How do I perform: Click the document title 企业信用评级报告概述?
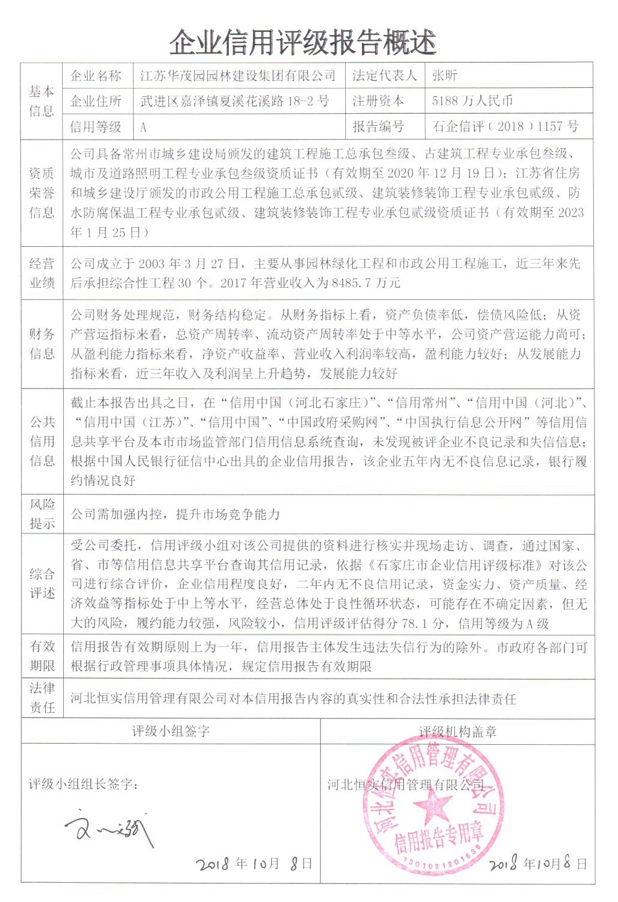[302, 43]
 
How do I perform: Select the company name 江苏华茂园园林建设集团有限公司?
[237, 76]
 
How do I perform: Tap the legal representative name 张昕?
[445, 75]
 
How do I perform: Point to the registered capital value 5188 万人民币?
[472, 101]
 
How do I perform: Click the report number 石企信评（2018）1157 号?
[505, 126]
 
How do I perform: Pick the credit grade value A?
[143, 127]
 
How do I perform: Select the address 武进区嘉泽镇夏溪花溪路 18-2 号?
[234, 101]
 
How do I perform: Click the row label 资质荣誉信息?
[42, 193]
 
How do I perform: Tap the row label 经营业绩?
[42, 273]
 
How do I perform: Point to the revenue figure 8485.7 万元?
[366, 282]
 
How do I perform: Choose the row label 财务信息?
[42, 344]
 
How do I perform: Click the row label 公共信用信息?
[42, 441]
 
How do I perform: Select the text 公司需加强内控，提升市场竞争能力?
[175, 514]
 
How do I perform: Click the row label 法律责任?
[42, 698]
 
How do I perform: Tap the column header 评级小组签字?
[171, 731]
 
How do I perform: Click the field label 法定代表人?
[384, 76]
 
